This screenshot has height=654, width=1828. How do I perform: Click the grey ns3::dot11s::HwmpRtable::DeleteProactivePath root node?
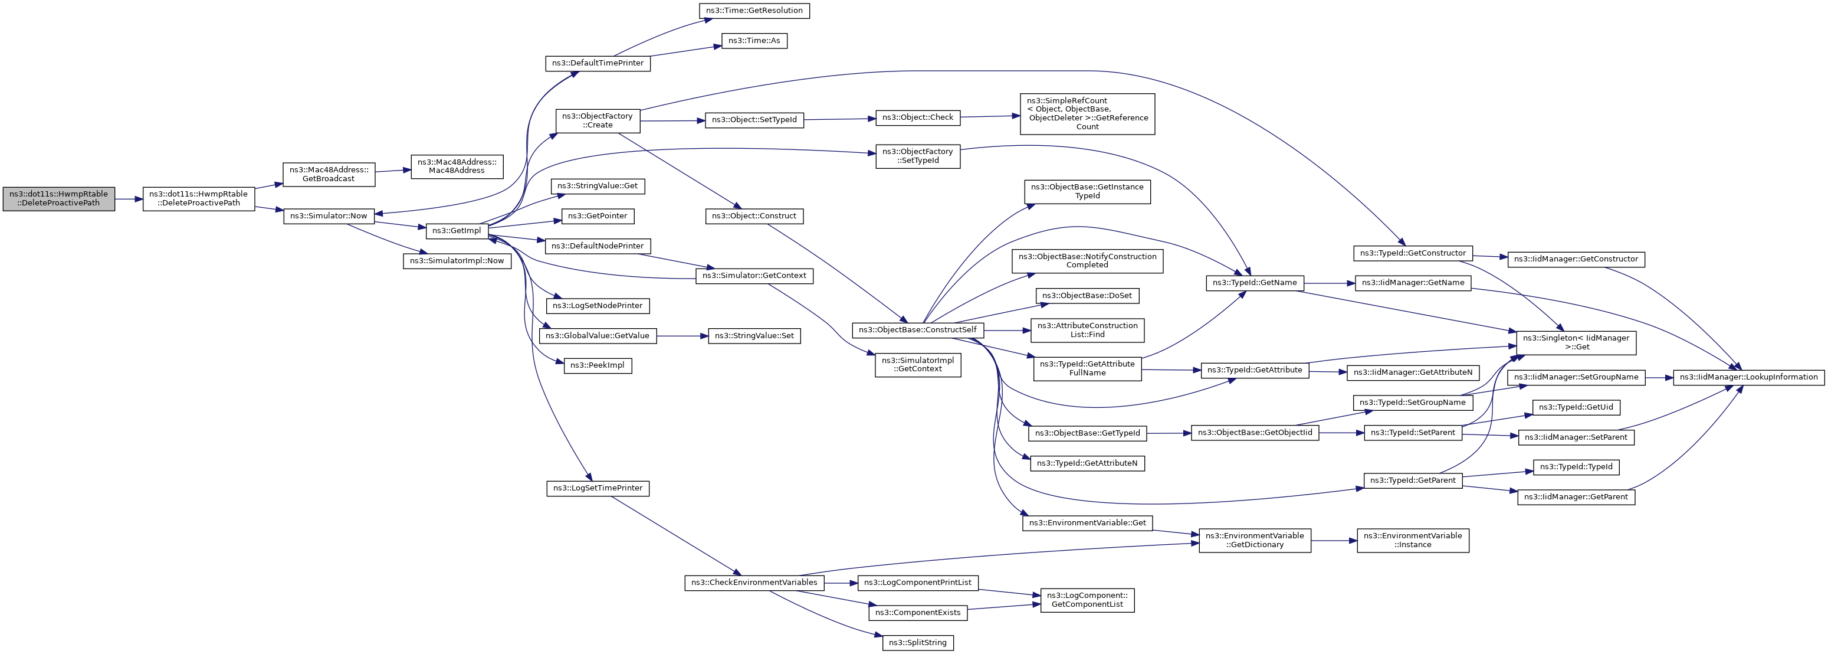coord(59,199)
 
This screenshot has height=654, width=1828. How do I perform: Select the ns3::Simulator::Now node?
coord(329,216)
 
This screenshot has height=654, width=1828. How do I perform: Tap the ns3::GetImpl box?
coord(457,231)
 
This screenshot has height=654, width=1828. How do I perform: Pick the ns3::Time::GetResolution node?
coord(754,11)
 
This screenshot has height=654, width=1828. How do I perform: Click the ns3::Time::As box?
coord(754,41)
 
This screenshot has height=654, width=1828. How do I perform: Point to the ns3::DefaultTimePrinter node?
coord(598,63)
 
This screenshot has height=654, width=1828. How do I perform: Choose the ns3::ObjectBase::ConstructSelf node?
coord(918,330)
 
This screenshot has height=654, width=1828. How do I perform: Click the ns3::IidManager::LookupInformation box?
coord(1748,378)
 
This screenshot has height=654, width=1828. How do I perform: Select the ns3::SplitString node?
coord(918,643)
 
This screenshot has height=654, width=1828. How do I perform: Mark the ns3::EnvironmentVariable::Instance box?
coord(1412,541)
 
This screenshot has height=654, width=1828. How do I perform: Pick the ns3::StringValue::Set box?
coord(754,336)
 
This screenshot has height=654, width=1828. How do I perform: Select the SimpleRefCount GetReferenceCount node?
coord(1087,113)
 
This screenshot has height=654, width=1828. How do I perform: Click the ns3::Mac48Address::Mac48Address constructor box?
coord(457,167)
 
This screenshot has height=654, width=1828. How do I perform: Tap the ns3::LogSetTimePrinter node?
coord(598,489)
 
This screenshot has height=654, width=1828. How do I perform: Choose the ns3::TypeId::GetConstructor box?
coord(1413,253)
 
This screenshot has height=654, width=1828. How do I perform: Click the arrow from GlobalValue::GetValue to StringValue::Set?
coord(682,336)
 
